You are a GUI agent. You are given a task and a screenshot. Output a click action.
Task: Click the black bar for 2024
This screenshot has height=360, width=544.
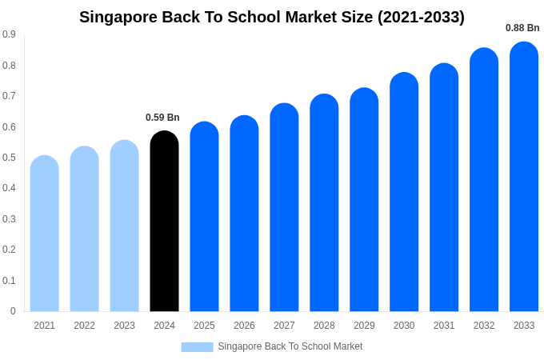(x=164, y=222)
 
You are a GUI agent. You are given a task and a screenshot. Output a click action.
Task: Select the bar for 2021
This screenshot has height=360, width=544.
(x=44, y=234)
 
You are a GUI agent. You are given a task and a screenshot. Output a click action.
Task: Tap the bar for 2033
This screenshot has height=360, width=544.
(x=524, y=177)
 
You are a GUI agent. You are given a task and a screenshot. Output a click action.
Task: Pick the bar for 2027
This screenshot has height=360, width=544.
(x=284, y=207)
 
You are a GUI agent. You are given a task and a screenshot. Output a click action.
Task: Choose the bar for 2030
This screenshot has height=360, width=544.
(x=404, y=192)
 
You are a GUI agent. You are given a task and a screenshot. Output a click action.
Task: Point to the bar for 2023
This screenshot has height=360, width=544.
(x=124, y=226)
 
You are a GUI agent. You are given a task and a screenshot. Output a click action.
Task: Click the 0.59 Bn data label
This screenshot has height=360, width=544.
(x=162, y=118)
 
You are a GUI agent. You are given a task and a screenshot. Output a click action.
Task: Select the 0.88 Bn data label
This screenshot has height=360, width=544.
(x=522, y=28)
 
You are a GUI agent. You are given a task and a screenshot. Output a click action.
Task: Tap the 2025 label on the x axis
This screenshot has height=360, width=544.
(x=204, y=326)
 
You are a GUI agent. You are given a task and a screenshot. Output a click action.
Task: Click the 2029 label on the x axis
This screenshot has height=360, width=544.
(x=364, y=326)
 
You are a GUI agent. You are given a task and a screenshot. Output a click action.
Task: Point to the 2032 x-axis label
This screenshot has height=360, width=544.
(x=484, y=326)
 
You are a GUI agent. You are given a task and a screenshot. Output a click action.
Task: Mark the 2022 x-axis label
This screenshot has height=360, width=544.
(x=84, y=326)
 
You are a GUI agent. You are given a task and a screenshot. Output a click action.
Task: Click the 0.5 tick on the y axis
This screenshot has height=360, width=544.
(x=9, y=158)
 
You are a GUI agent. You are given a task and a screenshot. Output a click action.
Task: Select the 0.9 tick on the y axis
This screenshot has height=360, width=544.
(x=9, y=34)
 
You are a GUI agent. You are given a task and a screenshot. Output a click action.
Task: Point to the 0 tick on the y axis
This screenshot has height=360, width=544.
(x=13, y=311)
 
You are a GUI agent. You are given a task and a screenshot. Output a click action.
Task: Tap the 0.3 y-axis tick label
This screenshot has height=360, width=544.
(x=9, y=219)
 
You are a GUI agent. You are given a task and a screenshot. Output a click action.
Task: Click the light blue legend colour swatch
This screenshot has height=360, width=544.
(x=197, y=347)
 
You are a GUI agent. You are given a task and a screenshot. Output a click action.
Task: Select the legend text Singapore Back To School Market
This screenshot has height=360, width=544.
(x=290, y=346)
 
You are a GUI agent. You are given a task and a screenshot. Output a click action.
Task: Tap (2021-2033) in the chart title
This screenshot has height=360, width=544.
(x=421, y=17)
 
